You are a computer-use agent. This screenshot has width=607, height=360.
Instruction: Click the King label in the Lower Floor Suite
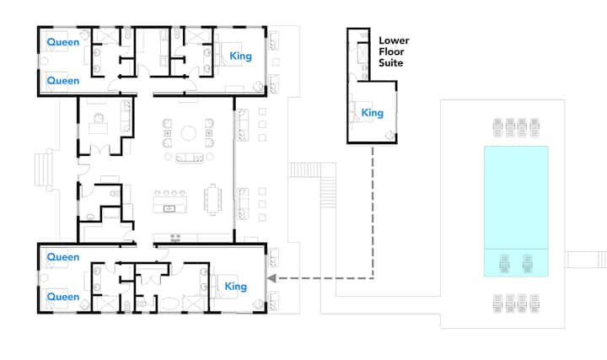coord(372,113)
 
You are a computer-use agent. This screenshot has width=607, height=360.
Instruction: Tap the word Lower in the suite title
coord(394,40)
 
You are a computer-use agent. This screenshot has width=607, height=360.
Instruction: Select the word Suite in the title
coord(390,62)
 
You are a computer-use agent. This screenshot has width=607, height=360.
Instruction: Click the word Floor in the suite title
coord(391,52)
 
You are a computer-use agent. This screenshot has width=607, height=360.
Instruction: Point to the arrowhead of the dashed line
coord(271,278)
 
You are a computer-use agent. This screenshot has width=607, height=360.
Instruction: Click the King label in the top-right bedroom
coord(240,56)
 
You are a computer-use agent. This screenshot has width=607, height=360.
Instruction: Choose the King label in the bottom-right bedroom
coord(236,287)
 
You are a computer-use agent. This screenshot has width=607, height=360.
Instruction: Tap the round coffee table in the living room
coord(189,133)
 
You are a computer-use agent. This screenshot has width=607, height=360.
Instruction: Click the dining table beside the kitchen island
coord(213,199)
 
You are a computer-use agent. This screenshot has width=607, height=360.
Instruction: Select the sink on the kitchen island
coord(169,208)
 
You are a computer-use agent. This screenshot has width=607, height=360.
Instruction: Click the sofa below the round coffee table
coord(190,159)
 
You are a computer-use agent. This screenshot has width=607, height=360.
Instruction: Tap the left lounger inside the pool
coord(504,264)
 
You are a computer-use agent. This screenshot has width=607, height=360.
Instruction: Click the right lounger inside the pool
coord(527,264)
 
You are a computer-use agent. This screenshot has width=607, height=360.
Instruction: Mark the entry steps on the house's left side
coord(43,170)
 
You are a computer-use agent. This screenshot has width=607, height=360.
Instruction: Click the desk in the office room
coord(99,128)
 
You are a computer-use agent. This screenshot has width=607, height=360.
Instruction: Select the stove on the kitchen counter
coord(175,237)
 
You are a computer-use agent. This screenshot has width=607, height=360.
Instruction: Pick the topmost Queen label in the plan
coord(62,42)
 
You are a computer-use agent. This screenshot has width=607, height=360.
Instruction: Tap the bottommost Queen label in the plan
coord(62,297)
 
